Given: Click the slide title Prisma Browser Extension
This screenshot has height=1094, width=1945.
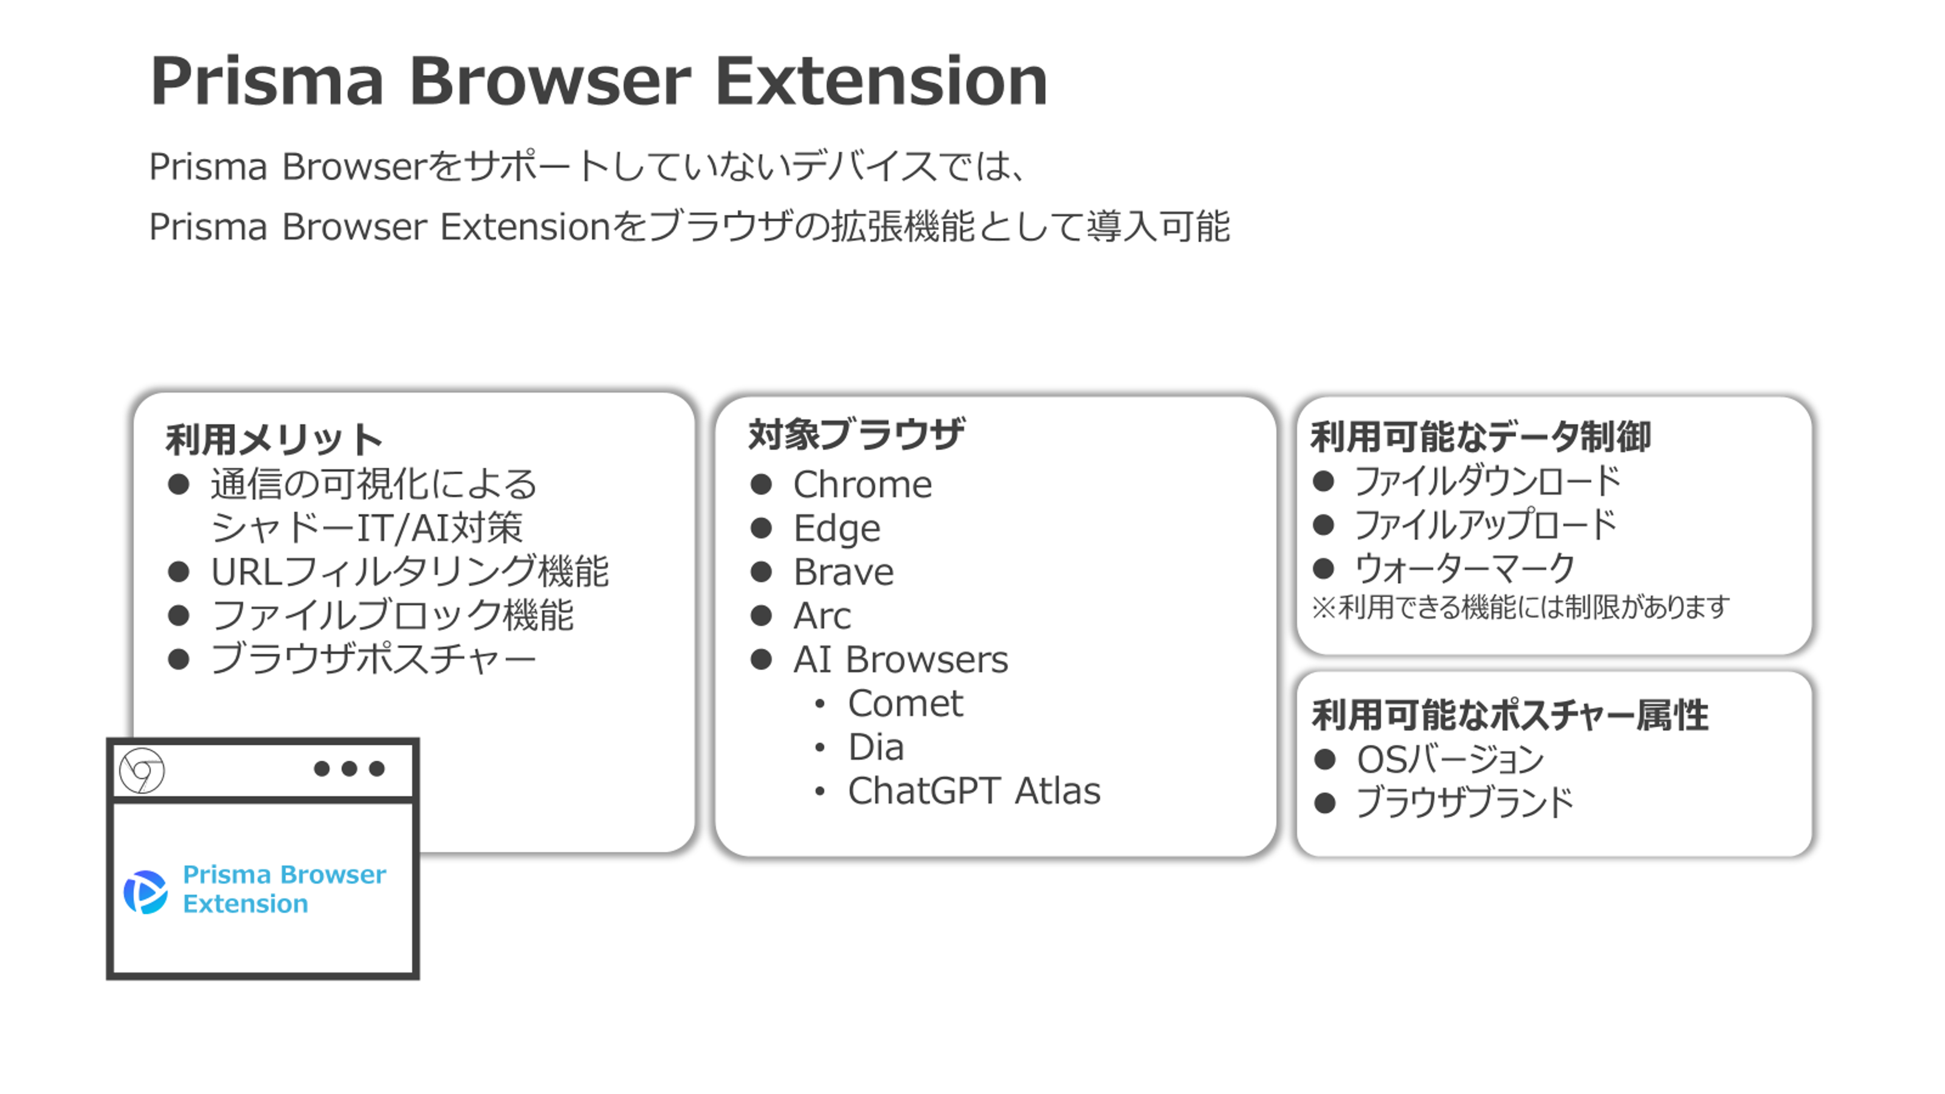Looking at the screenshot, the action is click(599, 81).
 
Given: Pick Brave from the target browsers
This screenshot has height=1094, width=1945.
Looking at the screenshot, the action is click(844, 571).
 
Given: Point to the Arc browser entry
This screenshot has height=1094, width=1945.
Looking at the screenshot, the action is click(822, 615).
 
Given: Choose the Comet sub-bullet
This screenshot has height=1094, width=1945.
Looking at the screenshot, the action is click(905, 703).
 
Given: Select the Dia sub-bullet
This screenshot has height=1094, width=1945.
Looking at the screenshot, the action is click(876, 747).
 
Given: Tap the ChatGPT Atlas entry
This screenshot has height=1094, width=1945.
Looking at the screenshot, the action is click(974, 791).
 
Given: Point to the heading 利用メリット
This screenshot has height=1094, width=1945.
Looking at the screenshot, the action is click(274, 439).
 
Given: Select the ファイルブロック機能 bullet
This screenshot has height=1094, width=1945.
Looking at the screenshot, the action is click(392, 614).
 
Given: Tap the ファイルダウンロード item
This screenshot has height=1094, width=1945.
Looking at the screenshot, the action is click(1487, 480).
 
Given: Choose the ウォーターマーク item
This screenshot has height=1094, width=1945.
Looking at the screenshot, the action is click(1465, 568).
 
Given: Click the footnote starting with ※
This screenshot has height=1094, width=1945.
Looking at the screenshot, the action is click(1520, 607).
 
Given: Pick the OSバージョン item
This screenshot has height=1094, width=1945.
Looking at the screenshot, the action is click(1450, 759).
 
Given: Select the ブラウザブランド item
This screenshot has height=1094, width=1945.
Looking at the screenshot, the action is click(1465, 802).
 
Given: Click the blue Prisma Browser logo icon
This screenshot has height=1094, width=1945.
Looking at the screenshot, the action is click(145, 892).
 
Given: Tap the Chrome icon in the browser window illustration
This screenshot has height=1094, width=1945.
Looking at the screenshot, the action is click(142, 771).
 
